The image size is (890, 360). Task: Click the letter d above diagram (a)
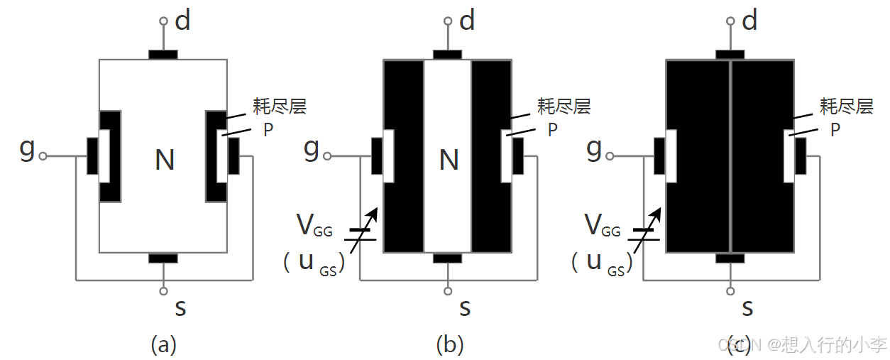pyautogui.click(x=183, y=21)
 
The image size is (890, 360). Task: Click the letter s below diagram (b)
pyautogui.click(x=465, y=307)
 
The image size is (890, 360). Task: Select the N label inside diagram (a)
pyautogui.click(x=165, y=160)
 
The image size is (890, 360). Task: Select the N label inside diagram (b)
pyautogui.click(x=449, y=160)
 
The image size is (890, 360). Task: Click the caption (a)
pyautogui.click(x=163, y=344)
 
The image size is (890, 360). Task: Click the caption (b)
pyautogui.click(x=449, y=344)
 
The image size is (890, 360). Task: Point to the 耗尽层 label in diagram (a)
pyautogui.click(x=280, y=107)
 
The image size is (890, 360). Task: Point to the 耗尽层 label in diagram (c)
pyautogui.click(x=846, y=107)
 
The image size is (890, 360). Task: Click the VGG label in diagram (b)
pyautogui.click(x=314, y=227)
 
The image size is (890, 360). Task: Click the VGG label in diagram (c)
pyautogui.click(x=602, y=227)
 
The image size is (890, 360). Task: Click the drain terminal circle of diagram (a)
pyautogui.click(x=163, y=22)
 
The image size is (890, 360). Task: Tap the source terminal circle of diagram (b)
pyautogui.click(x=447, y=290)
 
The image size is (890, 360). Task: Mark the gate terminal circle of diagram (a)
pyautogui.click(x=43, y=156)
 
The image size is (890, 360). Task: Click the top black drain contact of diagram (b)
pyautogui.click(x=447, y=55)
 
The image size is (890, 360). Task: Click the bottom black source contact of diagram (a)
pyautogui.click(x=163, y=258)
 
